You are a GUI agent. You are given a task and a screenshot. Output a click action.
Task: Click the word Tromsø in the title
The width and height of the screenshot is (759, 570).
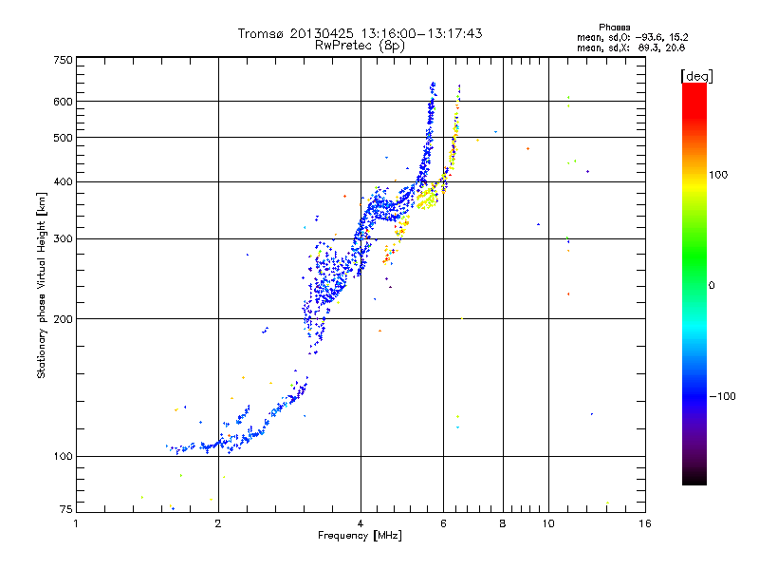(x=262, y=33)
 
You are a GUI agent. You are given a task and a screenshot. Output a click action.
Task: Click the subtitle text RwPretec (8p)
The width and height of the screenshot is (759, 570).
(x=360, y=46)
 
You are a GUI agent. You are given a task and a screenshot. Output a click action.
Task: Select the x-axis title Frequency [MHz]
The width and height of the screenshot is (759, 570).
(x=360, y=536)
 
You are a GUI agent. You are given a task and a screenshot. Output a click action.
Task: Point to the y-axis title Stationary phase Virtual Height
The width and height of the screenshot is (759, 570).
(x=41, y=286)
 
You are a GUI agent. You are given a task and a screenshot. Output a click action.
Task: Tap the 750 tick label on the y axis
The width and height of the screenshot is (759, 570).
(x=63, y=60)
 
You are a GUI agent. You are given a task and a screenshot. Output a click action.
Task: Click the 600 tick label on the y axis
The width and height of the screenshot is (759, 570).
(x=63, y=102)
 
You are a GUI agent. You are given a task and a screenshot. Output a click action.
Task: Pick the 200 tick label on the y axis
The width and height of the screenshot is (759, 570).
(x=63, y=319)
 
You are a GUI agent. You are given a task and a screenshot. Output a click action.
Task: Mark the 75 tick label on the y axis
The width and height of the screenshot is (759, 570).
(x=66, y=509)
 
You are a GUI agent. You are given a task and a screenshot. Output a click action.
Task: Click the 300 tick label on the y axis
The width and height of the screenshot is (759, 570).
(x=63, y=238)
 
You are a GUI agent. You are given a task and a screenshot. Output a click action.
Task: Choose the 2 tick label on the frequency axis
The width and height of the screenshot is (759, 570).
(x=218, y=523)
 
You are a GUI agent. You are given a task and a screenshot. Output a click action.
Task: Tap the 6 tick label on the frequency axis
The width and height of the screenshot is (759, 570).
(x=443, y=523)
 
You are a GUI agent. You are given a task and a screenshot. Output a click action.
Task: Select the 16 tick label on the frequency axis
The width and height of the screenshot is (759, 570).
(x=645, y=523)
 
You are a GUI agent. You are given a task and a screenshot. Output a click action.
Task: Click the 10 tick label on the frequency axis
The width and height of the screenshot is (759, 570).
(x=548, y=523)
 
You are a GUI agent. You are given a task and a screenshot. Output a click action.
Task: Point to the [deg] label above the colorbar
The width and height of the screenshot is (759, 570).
(x=696, y=77)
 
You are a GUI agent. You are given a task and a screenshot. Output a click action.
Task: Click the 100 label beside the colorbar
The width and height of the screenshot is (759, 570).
(x=718, y=175)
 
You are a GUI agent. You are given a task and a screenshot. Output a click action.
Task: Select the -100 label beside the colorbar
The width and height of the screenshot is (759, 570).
(x=723, y=396)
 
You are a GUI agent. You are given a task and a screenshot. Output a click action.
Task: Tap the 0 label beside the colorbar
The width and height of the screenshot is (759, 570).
(x=712, y=286)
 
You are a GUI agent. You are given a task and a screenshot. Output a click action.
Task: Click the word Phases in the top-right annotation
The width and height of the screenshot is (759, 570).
(x=614, y=28)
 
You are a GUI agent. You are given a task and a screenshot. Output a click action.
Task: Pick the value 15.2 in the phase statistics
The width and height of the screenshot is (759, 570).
(x=678, y=37)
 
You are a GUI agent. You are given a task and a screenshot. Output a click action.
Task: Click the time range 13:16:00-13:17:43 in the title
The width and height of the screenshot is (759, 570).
(x=421, y=33)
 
